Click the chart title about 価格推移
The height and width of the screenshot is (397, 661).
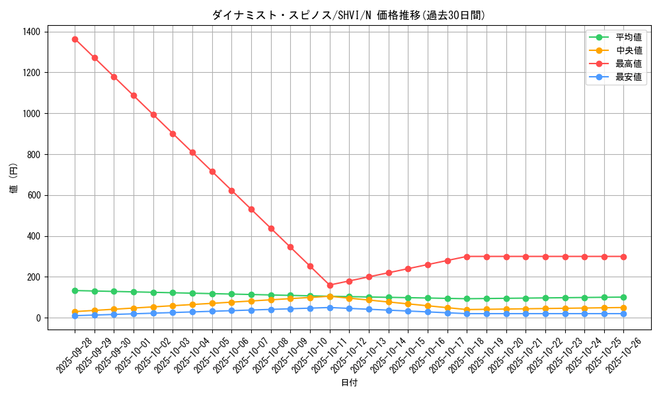(348, 15)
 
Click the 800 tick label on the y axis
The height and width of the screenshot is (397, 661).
(33, 154)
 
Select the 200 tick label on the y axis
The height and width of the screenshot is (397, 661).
(33, 277)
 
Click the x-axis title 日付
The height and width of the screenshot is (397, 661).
(349, 383)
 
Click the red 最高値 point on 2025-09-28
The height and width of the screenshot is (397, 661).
(75, 39)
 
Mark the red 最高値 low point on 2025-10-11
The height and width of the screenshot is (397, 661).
(330, 285)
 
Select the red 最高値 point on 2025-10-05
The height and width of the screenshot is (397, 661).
(212, 171)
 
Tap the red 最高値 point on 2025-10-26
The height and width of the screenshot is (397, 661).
(623, 257)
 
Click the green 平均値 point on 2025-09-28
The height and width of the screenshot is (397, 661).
(75, 290)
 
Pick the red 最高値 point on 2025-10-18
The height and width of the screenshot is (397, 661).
(467, 257)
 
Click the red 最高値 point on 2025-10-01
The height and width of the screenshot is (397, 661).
(134, 95)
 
